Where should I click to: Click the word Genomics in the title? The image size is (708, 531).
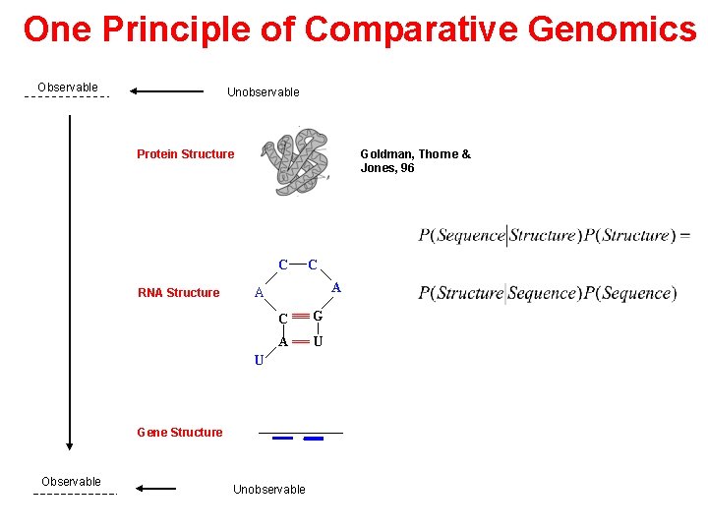[x=612, y=29]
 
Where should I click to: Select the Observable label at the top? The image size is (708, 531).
[x=68, y=88]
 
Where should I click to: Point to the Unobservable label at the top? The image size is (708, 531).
[x=264, y=92]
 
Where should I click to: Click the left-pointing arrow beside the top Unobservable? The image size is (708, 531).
[x=166, y=91]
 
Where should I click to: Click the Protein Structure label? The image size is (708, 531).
[x=185, y=154]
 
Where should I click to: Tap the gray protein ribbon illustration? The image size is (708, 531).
[x=300, y=162]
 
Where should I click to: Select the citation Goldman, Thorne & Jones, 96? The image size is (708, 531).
[x=415, y=160]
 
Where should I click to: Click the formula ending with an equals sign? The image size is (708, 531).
[x=554, y=236]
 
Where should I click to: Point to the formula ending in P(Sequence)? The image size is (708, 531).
[x=547, y=293]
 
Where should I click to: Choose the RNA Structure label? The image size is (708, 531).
[x=179, y=293]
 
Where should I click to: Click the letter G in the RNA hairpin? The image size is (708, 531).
[x=318, y=317]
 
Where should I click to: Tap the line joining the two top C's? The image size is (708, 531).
[x=297, y=265]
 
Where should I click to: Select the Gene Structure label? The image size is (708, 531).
[x=180, y=433]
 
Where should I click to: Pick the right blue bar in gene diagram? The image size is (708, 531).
[x=315, y=440]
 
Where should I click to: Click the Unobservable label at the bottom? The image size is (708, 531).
[x=269, y=490]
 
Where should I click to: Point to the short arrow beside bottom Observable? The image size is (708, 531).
[x=156, y=488]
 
